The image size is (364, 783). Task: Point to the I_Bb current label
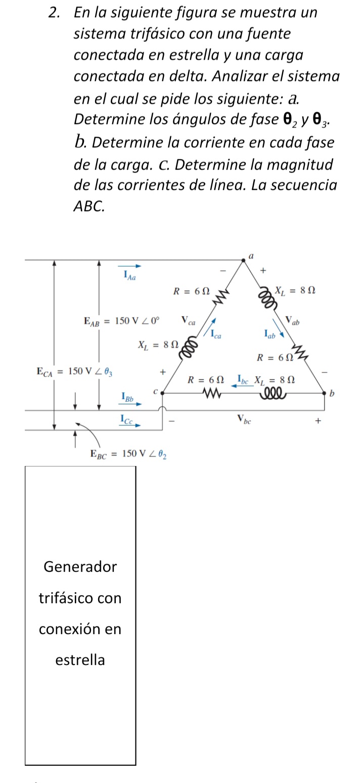pyautogui.click(x=128, y=399)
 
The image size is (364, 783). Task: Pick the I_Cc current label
pyautogui.click(x=128, y=419)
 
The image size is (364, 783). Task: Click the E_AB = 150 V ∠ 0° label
pyautogui.click(x=121, y=321)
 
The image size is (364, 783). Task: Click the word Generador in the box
pyautogui.click(x=80, y=567)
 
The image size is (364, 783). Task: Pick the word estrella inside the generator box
pyautogui.click(x=80, y=660)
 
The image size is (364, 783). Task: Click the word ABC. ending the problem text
pyautogui.click(x=89, y=207)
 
